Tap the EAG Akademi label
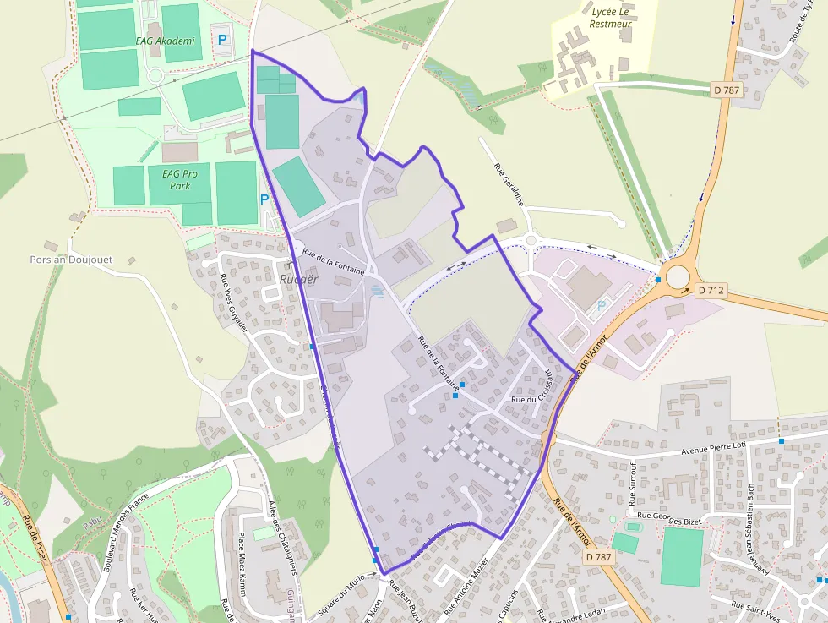tap(165, 41)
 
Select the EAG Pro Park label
tap(179, 179)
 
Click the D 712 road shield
tap(711, 290)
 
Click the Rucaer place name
tap(299, 279)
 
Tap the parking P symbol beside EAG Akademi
tap(223, 39)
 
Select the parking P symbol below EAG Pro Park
tap(264, 200)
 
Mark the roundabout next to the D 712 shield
tap(678, 276)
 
